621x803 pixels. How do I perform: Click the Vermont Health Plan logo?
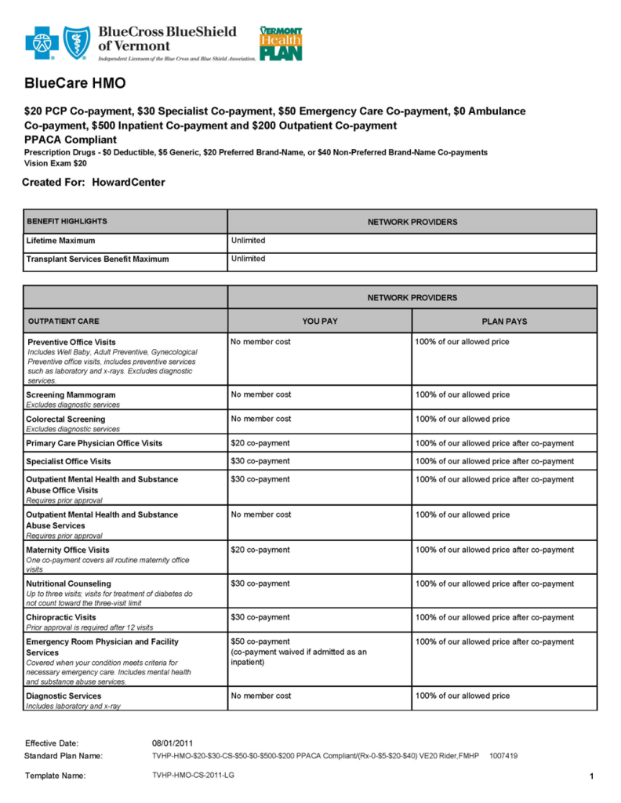point(280,43)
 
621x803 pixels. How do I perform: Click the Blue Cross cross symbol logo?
point(42,43)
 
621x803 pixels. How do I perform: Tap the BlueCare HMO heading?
point(74,83)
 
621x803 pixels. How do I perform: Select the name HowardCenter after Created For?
point(129,183)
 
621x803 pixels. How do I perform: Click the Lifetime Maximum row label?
point(60,241)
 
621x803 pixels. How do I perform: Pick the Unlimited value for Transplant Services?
point(249,259)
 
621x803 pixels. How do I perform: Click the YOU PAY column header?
point(320,321)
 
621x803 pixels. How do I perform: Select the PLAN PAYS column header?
point(504,321)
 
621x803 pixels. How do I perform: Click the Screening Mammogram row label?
point(71,394)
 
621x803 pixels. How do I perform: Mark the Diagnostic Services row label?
point(64,696)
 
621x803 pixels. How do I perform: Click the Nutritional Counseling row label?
point(69,583)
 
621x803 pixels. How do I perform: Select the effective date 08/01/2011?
point(172,743)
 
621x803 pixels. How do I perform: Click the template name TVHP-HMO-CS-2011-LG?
point(193,776)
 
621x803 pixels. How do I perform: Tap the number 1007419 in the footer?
point(503,756)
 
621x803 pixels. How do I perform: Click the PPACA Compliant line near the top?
point(71,139)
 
